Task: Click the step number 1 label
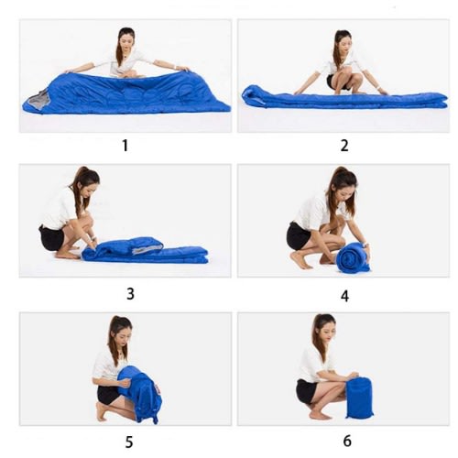(x=125, y=146)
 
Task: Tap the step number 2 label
(x=344, y=146)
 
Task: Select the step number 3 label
(x=130, y=294)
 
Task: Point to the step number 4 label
(x=344, y=296)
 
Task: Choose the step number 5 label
(x=129, y=442)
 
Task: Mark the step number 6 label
(x=347, y=441)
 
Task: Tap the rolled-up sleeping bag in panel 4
(x=352, y=257)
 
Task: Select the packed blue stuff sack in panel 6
(x=359, y=398)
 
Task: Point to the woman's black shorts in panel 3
(x=51, y=237)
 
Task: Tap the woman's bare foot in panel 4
(x=300, y=260)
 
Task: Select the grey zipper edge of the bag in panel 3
(x=147, y=250)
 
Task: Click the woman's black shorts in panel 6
(x=306, y=392)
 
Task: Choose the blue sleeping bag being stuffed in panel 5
(x=139, y=394)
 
